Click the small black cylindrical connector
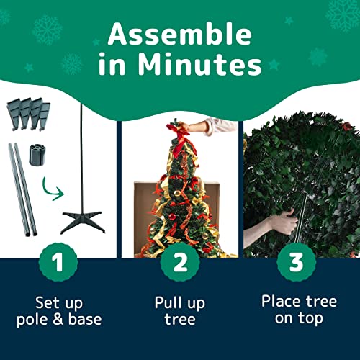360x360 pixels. click(34, 157)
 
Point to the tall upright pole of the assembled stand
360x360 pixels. click(81, 158)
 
